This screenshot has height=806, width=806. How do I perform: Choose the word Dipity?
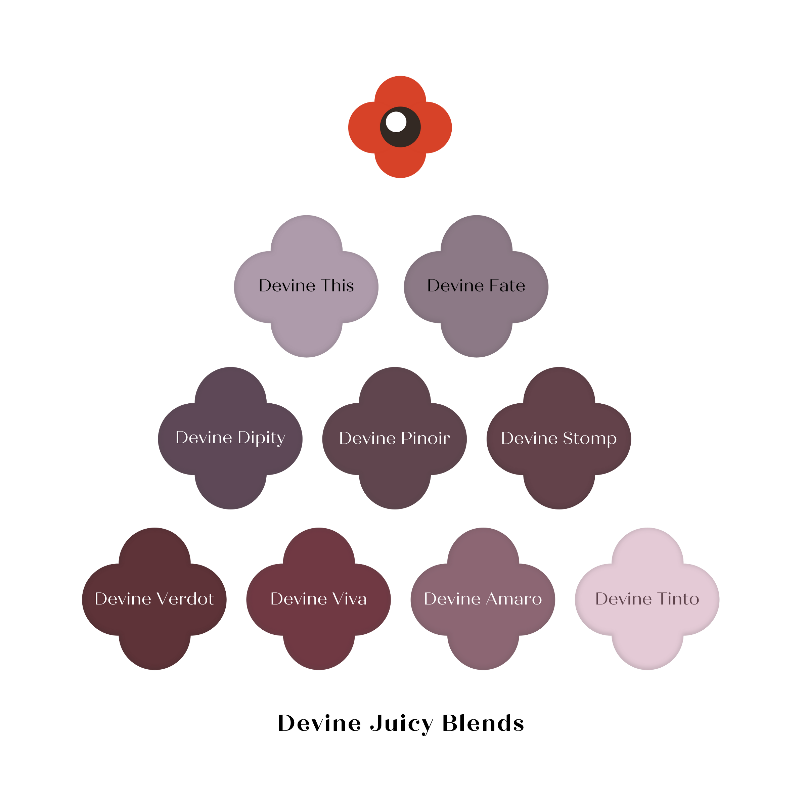click(x=261, y=438)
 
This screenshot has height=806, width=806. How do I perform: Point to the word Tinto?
click(x=678, y=599)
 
